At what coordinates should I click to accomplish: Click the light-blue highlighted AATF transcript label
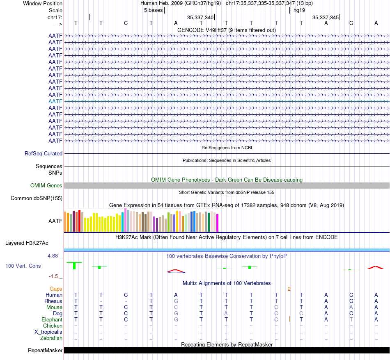coord(55,101)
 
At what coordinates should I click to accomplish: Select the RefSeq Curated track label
coord(44,153)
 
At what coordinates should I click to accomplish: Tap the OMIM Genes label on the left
coord(46,186)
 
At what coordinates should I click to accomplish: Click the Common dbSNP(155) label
coord(37,198)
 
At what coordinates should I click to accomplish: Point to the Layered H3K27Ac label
coord(27,243)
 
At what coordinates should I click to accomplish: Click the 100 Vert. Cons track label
coord(23,266)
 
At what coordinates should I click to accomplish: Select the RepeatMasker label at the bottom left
coord(45,350)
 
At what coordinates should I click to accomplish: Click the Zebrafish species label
coord(51,338)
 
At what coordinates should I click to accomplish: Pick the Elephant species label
coord(52,320)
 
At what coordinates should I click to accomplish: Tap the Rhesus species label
coord(53,301)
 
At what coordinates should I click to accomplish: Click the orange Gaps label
coord(56,289)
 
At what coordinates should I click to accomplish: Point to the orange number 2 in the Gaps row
coord(289,289)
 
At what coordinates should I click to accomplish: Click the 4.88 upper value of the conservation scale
coord(53,256)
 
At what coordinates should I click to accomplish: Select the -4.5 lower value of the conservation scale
coord(53,276)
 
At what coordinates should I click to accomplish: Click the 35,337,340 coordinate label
coord(200,17)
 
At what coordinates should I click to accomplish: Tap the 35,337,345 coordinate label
coord(326,17)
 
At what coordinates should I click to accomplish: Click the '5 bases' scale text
coord(153,10)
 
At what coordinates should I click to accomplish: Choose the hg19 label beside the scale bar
coord(299,10)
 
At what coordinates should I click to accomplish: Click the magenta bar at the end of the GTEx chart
coord(218,223)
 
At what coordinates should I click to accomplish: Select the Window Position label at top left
coord(43,3)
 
